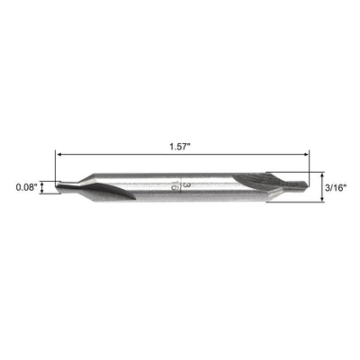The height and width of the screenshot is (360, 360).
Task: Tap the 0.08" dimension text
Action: pos(27,187)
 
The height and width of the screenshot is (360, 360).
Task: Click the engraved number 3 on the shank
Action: pos(185,184)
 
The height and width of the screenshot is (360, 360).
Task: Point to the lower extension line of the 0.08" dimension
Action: pos(49,193)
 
